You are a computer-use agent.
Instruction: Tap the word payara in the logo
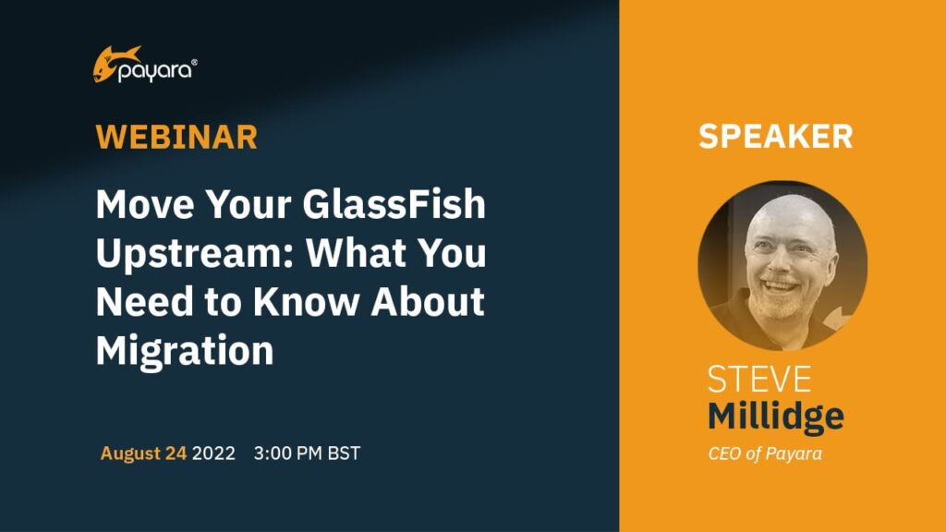[x=154, y=72]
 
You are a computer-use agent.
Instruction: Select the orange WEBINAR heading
[x=176, y=137]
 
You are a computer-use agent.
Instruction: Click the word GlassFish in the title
[x=394, y=204]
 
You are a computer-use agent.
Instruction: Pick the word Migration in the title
[x=185, y=350]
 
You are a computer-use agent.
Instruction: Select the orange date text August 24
[x=143, y=453]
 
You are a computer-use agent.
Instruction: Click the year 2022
[x=213, y=453]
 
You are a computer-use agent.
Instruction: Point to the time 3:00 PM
[x=288, y=453]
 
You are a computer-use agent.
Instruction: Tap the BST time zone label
[x=344, y=453]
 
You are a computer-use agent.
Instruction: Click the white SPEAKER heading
[x=776, y=137]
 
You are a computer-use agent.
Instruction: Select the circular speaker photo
[x=782, y=265]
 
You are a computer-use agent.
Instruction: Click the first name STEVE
[x=759, y=380]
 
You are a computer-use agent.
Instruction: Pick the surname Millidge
[x=776, y=417]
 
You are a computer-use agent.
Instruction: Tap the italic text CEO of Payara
[x=765, y=453]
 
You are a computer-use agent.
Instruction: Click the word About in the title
[x=428, y=301]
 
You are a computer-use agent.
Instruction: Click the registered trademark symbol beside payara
[x=194, y=62]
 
